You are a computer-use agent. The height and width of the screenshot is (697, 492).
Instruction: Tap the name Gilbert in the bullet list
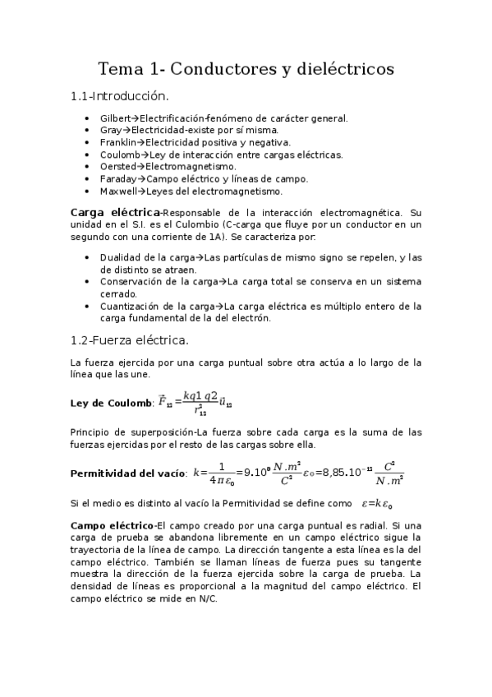(x=114, y=118)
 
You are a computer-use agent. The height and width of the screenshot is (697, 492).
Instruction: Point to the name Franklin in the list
(x=117, y=142)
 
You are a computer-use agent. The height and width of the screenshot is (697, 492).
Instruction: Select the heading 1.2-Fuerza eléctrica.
(x=130, y=339)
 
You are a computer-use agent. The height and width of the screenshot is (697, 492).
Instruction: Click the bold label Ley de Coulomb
(x=111, y=403)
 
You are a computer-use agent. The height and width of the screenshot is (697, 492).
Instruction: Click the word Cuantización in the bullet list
(x=128, y=307)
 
